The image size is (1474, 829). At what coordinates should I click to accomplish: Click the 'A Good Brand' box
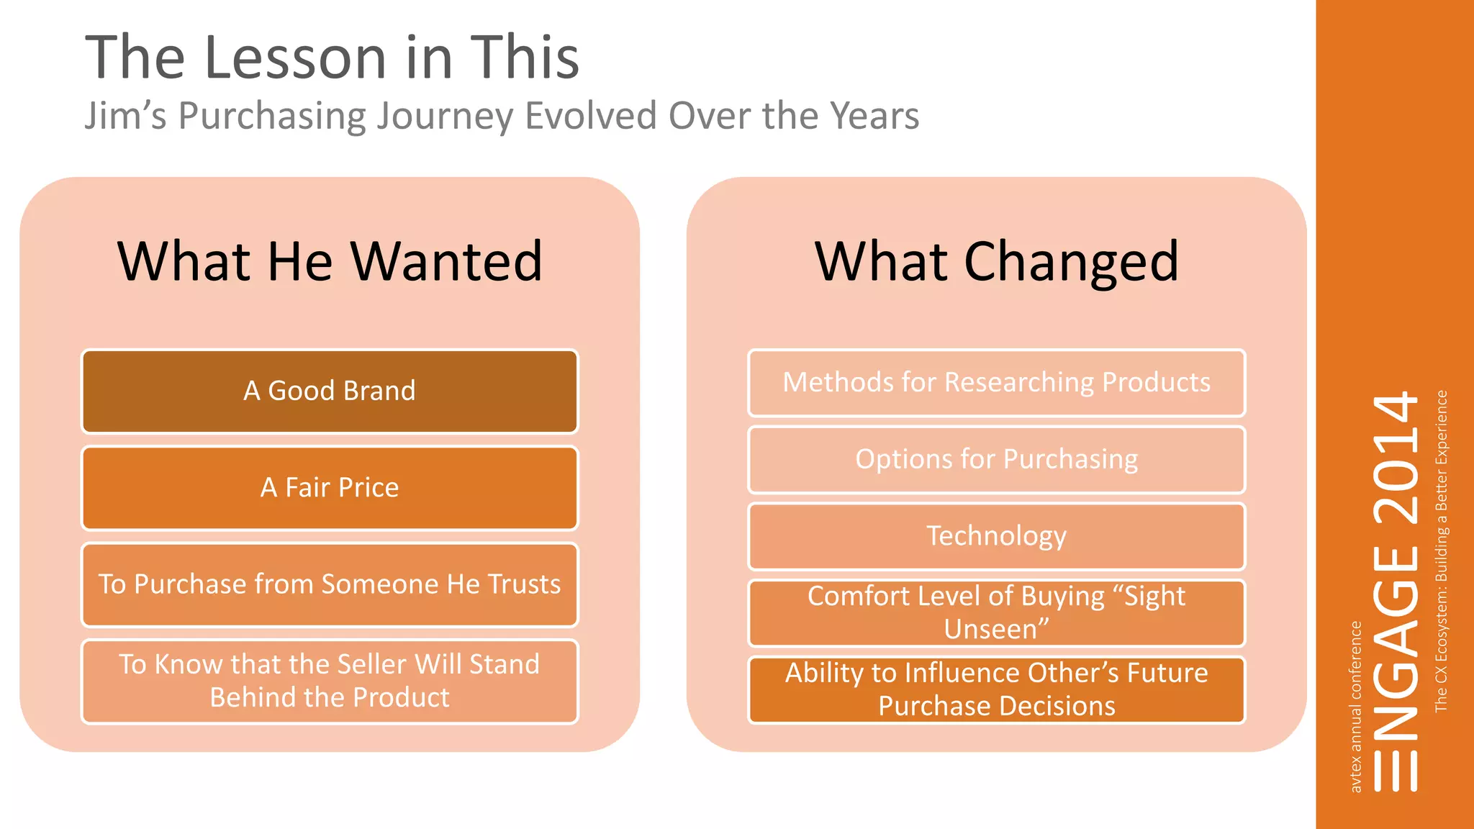330,391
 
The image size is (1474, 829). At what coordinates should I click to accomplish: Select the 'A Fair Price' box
330,487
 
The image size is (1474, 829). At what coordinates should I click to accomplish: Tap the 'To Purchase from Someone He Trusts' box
330,584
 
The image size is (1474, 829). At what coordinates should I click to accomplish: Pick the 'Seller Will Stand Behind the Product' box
330,681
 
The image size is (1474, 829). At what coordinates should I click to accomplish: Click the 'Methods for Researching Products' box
996,382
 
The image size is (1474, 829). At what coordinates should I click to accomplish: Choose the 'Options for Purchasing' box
996,459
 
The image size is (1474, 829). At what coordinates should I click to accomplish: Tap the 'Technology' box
996,536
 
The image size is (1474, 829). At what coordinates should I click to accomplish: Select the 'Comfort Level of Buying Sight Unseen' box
996,612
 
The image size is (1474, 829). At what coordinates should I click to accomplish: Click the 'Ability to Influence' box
996,689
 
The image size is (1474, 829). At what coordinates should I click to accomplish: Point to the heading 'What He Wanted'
330,261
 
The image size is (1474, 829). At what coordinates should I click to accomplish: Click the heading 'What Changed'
996,261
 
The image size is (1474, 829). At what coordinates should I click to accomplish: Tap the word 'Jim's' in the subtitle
125,116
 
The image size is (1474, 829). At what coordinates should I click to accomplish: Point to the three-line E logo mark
1395,771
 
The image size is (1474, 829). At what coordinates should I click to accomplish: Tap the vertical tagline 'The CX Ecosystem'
1441,633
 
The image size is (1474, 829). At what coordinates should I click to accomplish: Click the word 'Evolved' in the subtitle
590,116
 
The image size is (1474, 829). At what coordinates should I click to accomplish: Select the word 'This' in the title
525,58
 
